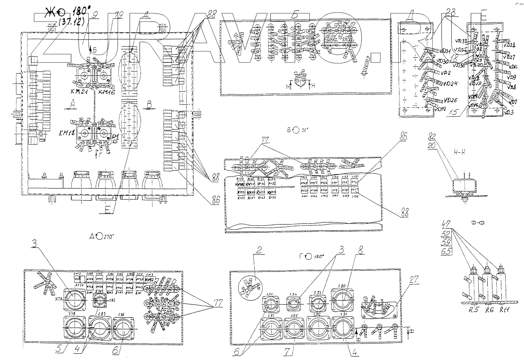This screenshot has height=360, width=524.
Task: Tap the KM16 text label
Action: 107,92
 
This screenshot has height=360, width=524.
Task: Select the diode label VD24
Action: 450,84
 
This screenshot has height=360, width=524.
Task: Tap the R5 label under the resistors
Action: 472,312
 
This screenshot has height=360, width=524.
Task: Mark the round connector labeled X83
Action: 100,328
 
